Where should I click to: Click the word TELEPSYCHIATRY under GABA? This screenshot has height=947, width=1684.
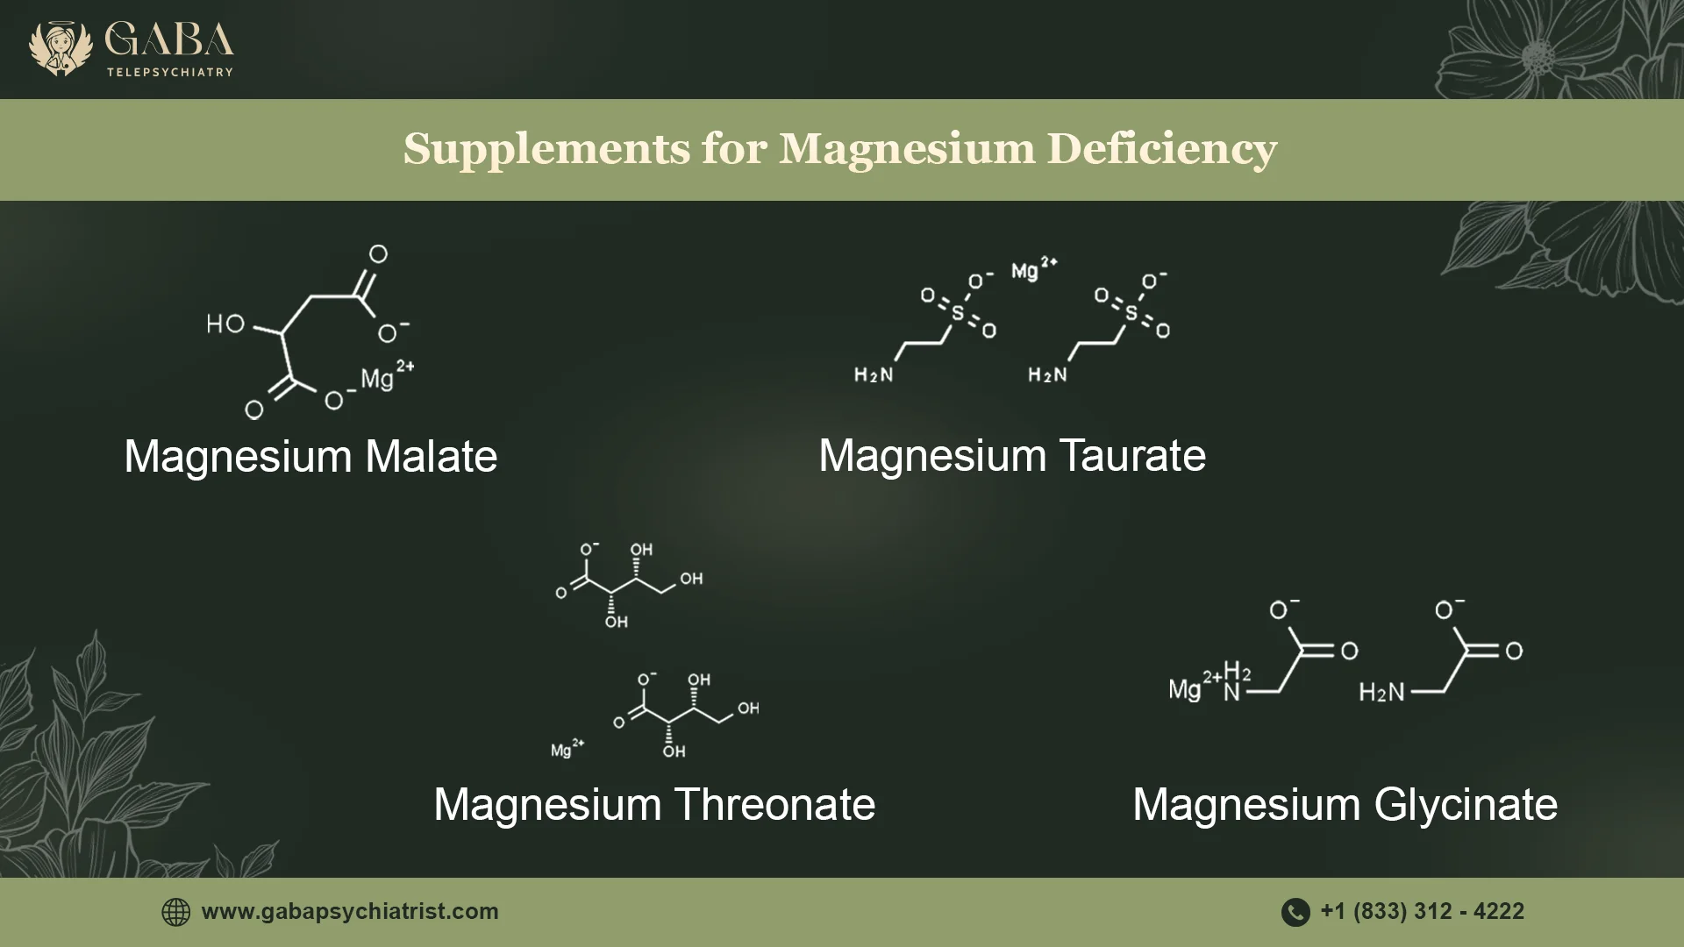click(x=170, y=72)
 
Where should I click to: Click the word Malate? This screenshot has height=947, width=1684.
click(x=431, y=457)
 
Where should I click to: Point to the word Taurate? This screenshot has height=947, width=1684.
click(x=1132, y=456)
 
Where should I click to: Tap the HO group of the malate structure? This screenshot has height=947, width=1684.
click(x=225, y=324)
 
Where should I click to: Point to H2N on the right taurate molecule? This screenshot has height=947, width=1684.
click(x=1048, y=375)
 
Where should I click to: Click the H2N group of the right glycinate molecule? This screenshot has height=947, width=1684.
click(x=1381, y=693)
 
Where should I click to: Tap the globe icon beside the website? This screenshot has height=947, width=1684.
click(x=176, y=912)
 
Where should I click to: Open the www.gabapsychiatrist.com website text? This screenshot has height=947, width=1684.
click(x=350, y=912)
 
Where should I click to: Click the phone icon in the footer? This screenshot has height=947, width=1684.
click(x=1295, y=912)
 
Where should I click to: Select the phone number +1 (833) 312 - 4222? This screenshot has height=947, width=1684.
click(x=1422, y=912)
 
